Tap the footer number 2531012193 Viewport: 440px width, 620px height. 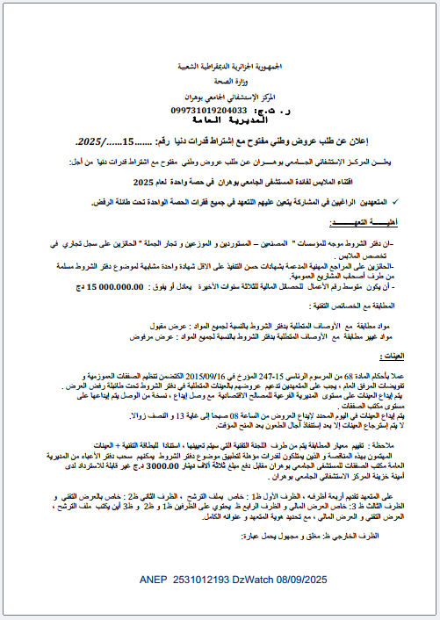pyautogui.click(x=206, y=581)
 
